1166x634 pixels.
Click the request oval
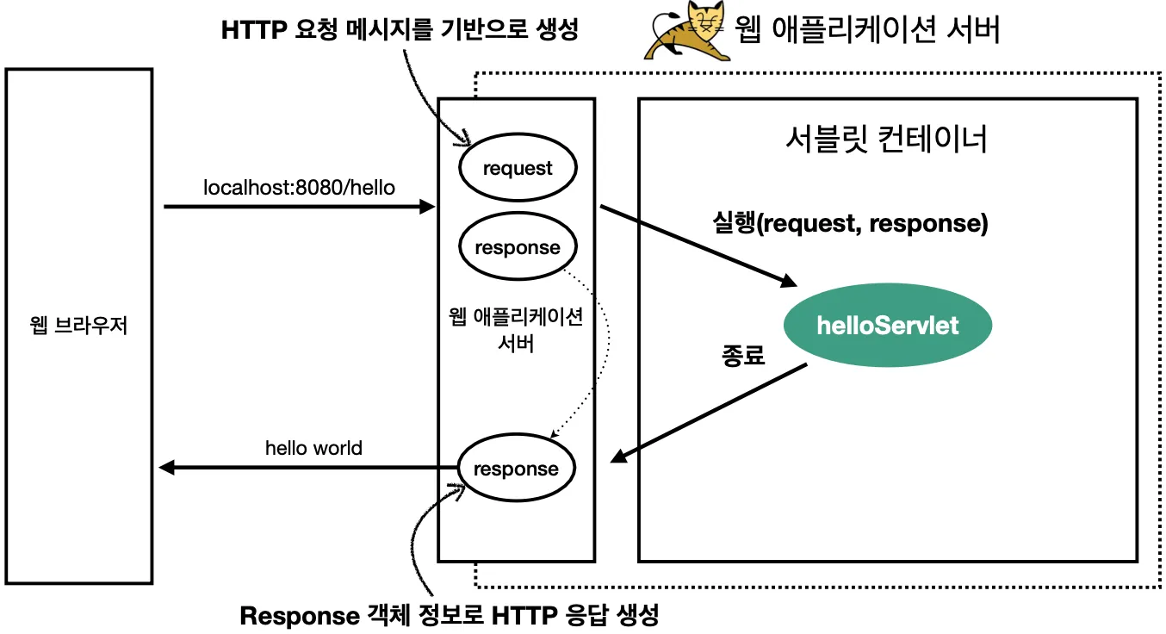click(x=518, y=169)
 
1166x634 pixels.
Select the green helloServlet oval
click(x=887, y=326)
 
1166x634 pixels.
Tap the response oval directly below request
click(x=518, y=248)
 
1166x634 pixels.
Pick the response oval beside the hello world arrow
click(x=516, y=469)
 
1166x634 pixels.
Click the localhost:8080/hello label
click(x=299, y=187)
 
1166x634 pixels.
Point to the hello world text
click(x=313, y=448)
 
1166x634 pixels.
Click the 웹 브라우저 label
click(x=78, y=326)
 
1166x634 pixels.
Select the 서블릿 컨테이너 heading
click(x=887, y=140)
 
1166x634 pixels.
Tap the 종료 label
click(x=742, y=355)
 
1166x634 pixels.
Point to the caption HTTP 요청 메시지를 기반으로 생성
click(x=399, y=30)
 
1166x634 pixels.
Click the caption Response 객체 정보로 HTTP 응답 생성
click(x=449, y=616)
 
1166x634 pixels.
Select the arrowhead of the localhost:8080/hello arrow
click(x=427, y=207)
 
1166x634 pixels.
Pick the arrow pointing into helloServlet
click(x=698, y=246)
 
